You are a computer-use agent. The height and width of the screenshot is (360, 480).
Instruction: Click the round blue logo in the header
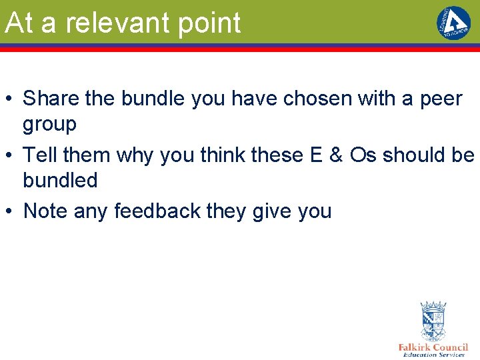pyautogui.click(x=453, y=23)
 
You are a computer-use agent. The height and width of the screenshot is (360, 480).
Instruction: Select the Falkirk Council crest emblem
pyautogui.click(x=433, y=321)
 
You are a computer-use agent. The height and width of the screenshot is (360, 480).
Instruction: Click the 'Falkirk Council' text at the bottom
pyautogui.click(x=433, y=347)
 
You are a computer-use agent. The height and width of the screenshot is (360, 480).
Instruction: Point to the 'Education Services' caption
pyautogui.click(x=433, y=355)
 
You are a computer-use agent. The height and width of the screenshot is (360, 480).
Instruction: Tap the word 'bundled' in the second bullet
pyautogui.click(x=60, y=180)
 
